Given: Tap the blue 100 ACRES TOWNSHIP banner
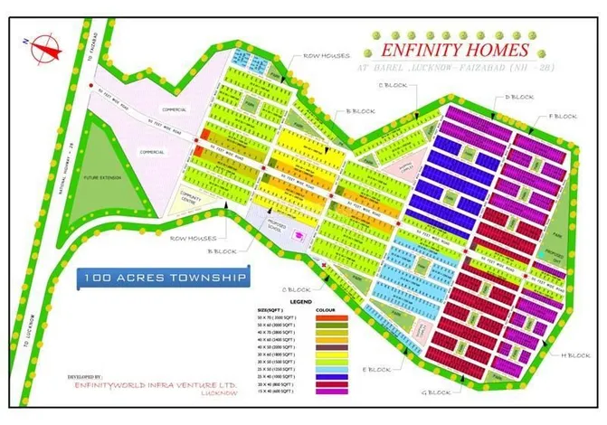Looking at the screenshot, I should (x=162, y=278).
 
